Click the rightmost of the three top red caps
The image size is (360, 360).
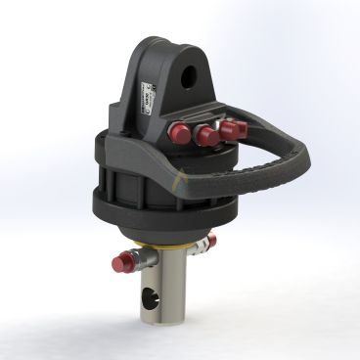236,129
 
